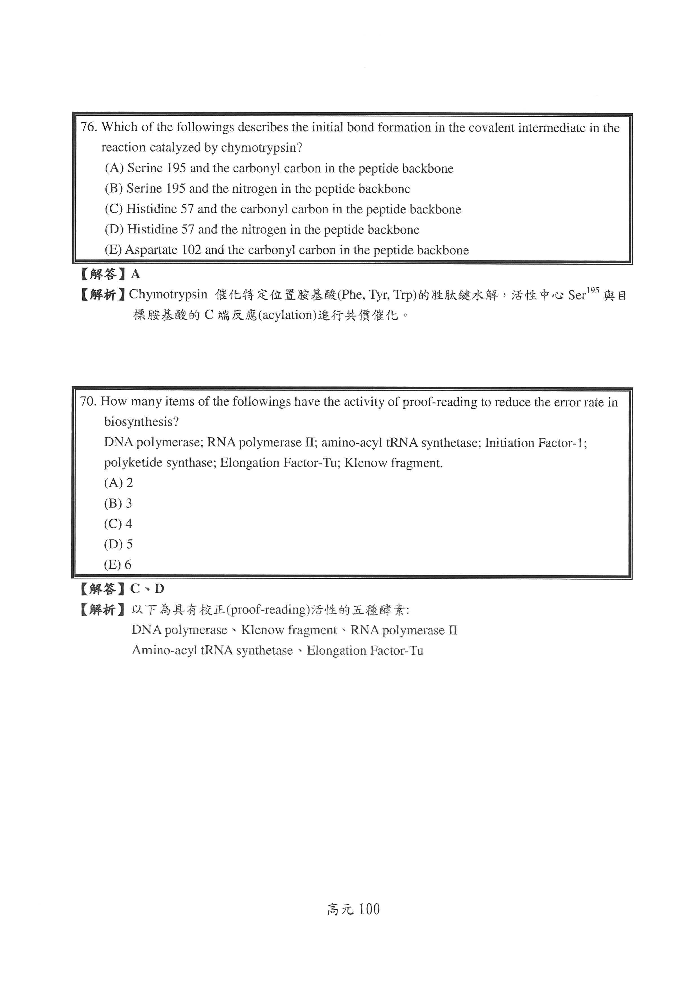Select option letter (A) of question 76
point(114,168)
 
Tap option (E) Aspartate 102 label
point(114,250)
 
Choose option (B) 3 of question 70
point(118,503)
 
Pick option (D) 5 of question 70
point(118,544)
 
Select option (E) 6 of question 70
point(117,564)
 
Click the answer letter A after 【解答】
point(135,274)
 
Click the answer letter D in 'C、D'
point(159,589)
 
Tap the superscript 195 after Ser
point(593,291)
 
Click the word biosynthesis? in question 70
point(141,422)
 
